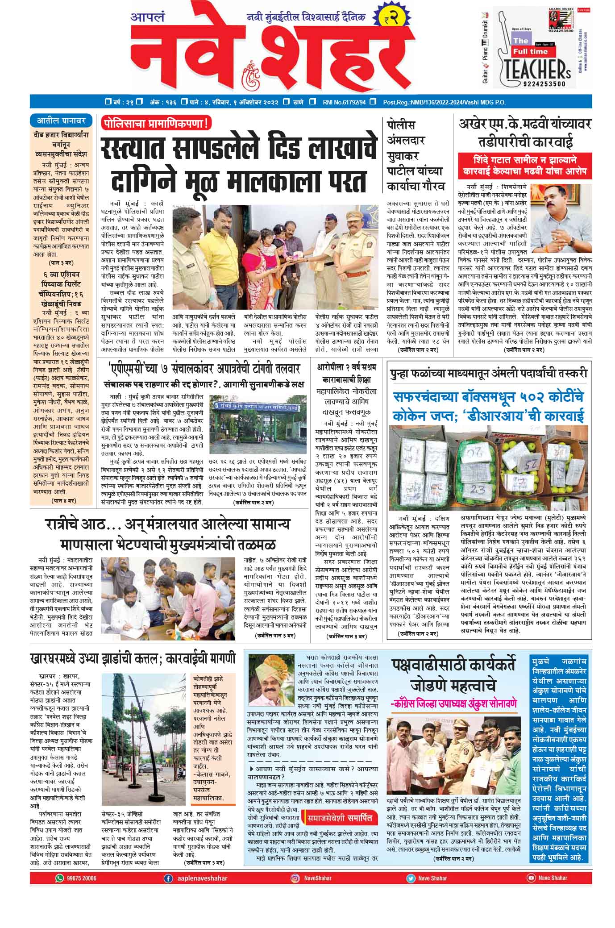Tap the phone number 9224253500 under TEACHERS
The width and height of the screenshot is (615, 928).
[541, 84]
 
